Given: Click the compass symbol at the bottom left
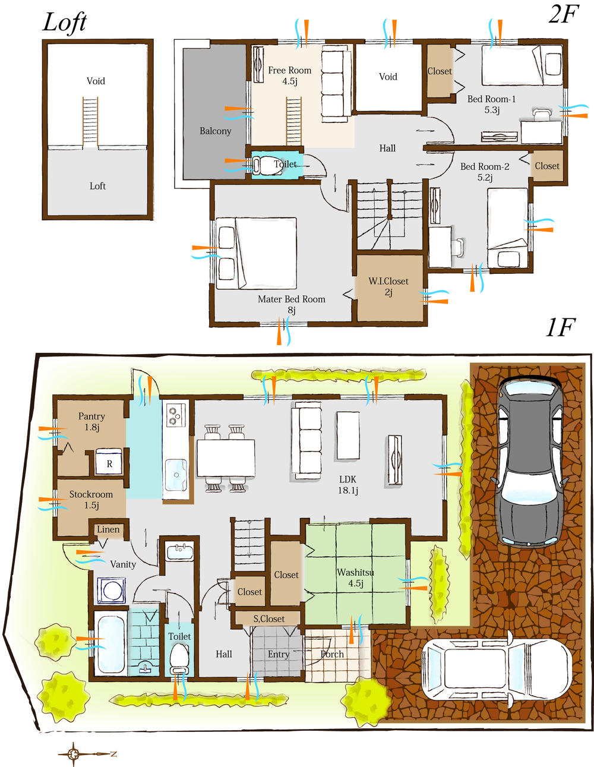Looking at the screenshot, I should click(x=74, y=754).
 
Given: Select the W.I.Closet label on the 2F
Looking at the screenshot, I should click(x=388, y=286).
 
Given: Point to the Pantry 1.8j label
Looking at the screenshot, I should click(x=91, y=421).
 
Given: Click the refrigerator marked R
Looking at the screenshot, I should click(x=109, y=463).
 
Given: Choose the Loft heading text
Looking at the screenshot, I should click(x=65, y=23).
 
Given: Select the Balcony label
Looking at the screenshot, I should click(x=215, y=131).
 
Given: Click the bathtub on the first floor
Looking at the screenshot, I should click(x=110, y=644).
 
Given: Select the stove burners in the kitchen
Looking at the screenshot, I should click(x=175, y=414).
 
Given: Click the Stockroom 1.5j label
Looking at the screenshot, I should click(x=91, y=500).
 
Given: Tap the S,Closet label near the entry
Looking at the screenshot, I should click(x=269, y=618).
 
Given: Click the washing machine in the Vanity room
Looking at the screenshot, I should click(x=111, y=591).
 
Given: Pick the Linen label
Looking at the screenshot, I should click(x=108, y=529).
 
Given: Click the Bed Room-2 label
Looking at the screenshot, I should click(x=485, y=172).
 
